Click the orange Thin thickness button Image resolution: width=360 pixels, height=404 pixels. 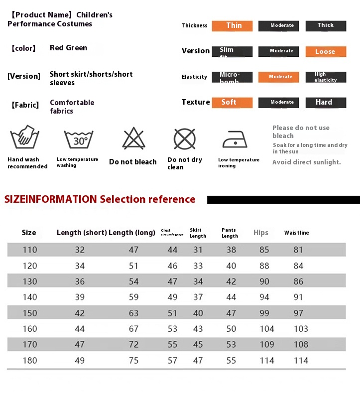[x=232, y=26]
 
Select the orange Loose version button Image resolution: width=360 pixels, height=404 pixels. [x=326, y=52]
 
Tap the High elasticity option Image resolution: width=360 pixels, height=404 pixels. [x=326, y=77]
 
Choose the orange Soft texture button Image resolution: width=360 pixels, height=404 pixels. [x=232, y=103]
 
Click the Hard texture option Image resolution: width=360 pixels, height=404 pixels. [x=326, y=103]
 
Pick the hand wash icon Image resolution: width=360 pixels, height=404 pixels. [x=25, y=137]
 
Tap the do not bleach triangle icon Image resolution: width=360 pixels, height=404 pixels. [x=133, y=138]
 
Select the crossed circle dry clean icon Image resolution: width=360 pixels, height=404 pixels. [x=184, y=138]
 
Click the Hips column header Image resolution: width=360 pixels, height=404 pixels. [x=260, y=233]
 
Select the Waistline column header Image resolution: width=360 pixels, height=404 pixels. [x=296, y=233]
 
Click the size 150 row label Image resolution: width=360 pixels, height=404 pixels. [x=30, y=313]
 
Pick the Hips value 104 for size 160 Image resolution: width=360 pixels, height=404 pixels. [x=267, y=329]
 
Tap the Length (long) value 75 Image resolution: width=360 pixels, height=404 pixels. [x=133, y=360]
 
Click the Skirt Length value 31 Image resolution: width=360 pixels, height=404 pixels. [x=198, y=250]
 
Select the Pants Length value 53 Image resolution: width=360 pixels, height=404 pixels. [x=231, y=344]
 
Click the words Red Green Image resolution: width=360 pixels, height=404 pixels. [x=68, y=48]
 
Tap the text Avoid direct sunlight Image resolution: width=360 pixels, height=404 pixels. [x=306, y=162]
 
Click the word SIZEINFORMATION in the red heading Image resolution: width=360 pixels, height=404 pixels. [x=50, y=199]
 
